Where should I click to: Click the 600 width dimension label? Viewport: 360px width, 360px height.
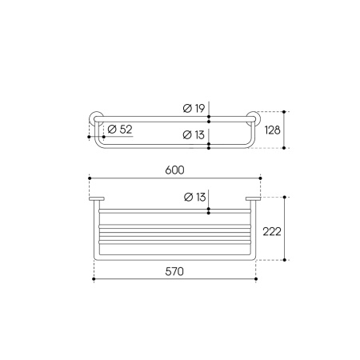click(x=174, y=170)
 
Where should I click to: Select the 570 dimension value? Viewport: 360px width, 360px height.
click(x=174, y=271)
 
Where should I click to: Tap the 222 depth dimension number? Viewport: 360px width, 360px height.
click(x=272, y=231)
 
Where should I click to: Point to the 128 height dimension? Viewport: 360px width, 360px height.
click(x=272, y=130)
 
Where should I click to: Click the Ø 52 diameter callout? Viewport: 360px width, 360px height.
click(x=120, y=130)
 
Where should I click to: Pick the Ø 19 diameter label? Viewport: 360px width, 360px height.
click(x=194, y=108)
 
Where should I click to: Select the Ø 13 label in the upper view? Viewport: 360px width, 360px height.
click(x=194, y=134)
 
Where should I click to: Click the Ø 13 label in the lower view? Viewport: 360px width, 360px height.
click(x=195, y=197)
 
